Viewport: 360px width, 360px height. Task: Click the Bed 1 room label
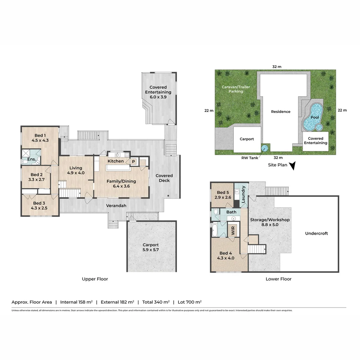[x=39, y=135]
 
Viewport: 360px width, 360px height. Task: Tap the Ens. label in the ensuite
[x=32, y=159]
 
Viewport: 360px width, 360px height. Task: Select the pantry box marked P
[x=133, y=161]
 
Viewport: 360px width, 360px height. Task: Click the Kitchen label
[x=116, y=161]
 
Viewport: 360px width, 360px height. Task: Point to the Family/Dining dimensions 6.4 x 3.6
[x=118, y=186]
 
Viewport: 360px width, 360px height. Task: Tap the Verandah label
[x=116, y=206]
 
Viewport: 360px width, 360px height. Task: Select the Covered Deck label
[x=164, y=178]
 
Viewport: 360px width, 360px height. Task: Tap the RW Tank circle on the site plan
[x=265, y=148]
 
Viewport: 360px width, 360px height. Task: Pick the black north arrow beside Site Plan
[x=292, y=166]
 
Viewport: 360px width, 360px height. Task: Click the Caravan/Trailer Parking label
[x=236, y=89]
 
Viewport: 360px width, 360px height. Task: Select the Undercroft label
[x=316, y=233]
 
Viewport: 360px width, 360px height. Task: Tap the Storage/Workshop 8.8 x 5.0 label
[x=270, y=222]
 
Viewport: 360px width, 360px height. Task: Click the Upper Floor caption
[x=95, y=279]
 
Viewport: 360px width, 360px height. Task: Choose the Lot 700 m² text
[x=189, y=302]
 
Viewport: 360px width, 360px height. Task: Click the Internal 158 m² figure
[x=76, y=302]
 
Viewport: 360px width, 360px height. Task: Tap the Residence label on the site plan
[x=280, y=112]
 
